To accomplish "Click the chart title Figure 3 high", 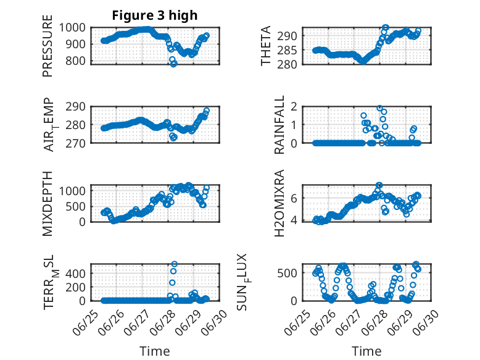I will click(155, 15).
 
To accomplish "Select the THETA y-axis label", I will click(266, 46).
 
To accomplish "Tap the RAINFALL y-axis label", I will click(279, 125).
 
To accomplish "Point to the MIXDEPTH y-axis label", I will click(48, 203).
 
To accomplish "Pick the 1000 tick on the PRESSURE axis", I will click(77, 27).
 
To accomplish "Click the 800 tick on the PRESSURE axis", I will click(80, 61).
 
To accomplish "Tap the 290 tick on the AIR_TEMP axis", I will click(80, 106).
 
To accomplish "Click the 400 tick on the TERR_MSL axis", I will click(80, 272).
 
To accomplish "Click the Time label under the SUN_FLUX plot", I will click(366, 351).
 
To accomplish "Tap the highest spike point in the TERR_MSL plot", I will click(174, 264).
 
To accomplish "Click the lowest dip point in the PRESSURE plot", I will click(173, 64).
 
